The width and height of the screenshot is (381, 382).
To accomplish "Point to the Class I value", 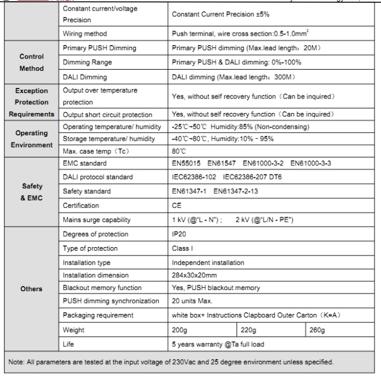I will tap(182, 248).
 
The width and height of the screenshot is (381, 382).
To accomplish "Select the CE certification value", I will tap(176, 206).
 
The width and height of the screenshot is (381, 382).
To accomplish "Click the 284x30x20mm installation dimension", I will tap(195, 275).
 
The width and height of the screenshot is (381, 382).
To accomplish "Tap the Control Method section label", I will tap(32, 63).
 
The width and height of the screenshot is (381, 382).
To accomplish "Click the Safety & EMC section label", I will tap(32, 192).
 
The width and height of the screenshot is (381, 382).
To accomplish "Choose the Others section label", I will tap(32, 289).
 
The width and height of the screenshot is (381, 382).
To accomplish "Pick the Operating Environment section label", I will tap(32, 139).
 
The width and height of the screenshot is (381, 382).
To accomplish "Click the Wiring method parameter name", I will tap(85, 34).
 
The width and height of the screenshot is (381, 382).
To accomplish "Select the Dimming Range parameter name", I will tap(87, 62).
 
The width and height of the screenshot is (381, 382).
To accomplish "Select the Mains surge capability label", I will tap(97, 220).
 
